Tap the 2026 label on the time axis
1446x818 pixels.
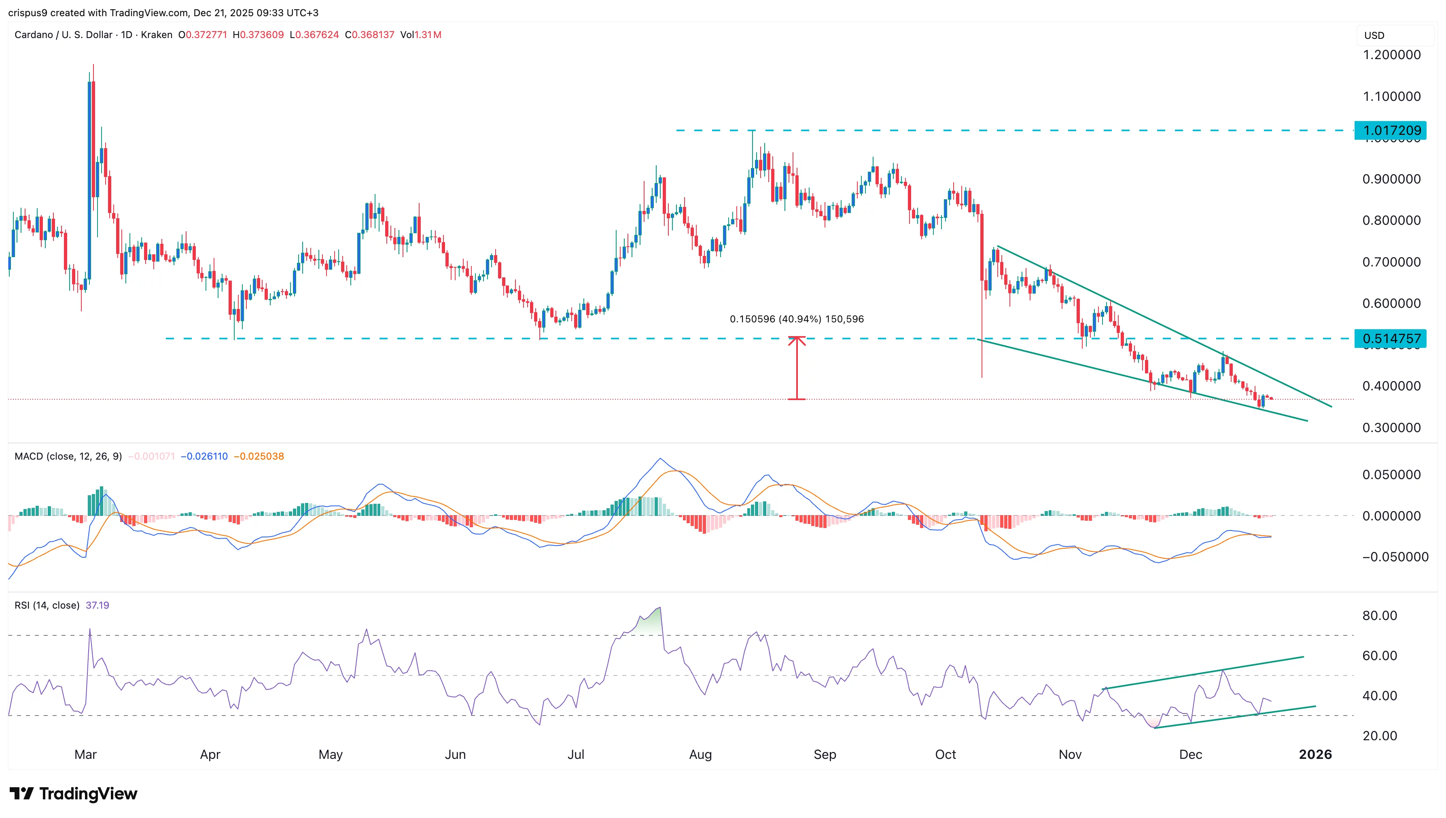pos(1315,754)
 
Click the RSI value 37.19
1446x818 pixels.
pos(97,605)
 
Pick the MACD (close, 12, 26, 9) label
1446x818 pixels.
pos(68,456)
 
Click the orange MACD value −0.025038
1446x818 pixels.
pos(259,456)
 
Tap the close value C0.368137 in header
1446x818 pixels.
pos(369,35)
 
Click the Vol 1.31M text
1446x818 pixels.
pos(420,35)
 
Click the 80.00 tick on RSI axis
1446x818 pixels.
pos(1379,615)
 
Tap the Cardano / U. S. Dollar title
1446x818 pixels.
pos(64,35)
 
